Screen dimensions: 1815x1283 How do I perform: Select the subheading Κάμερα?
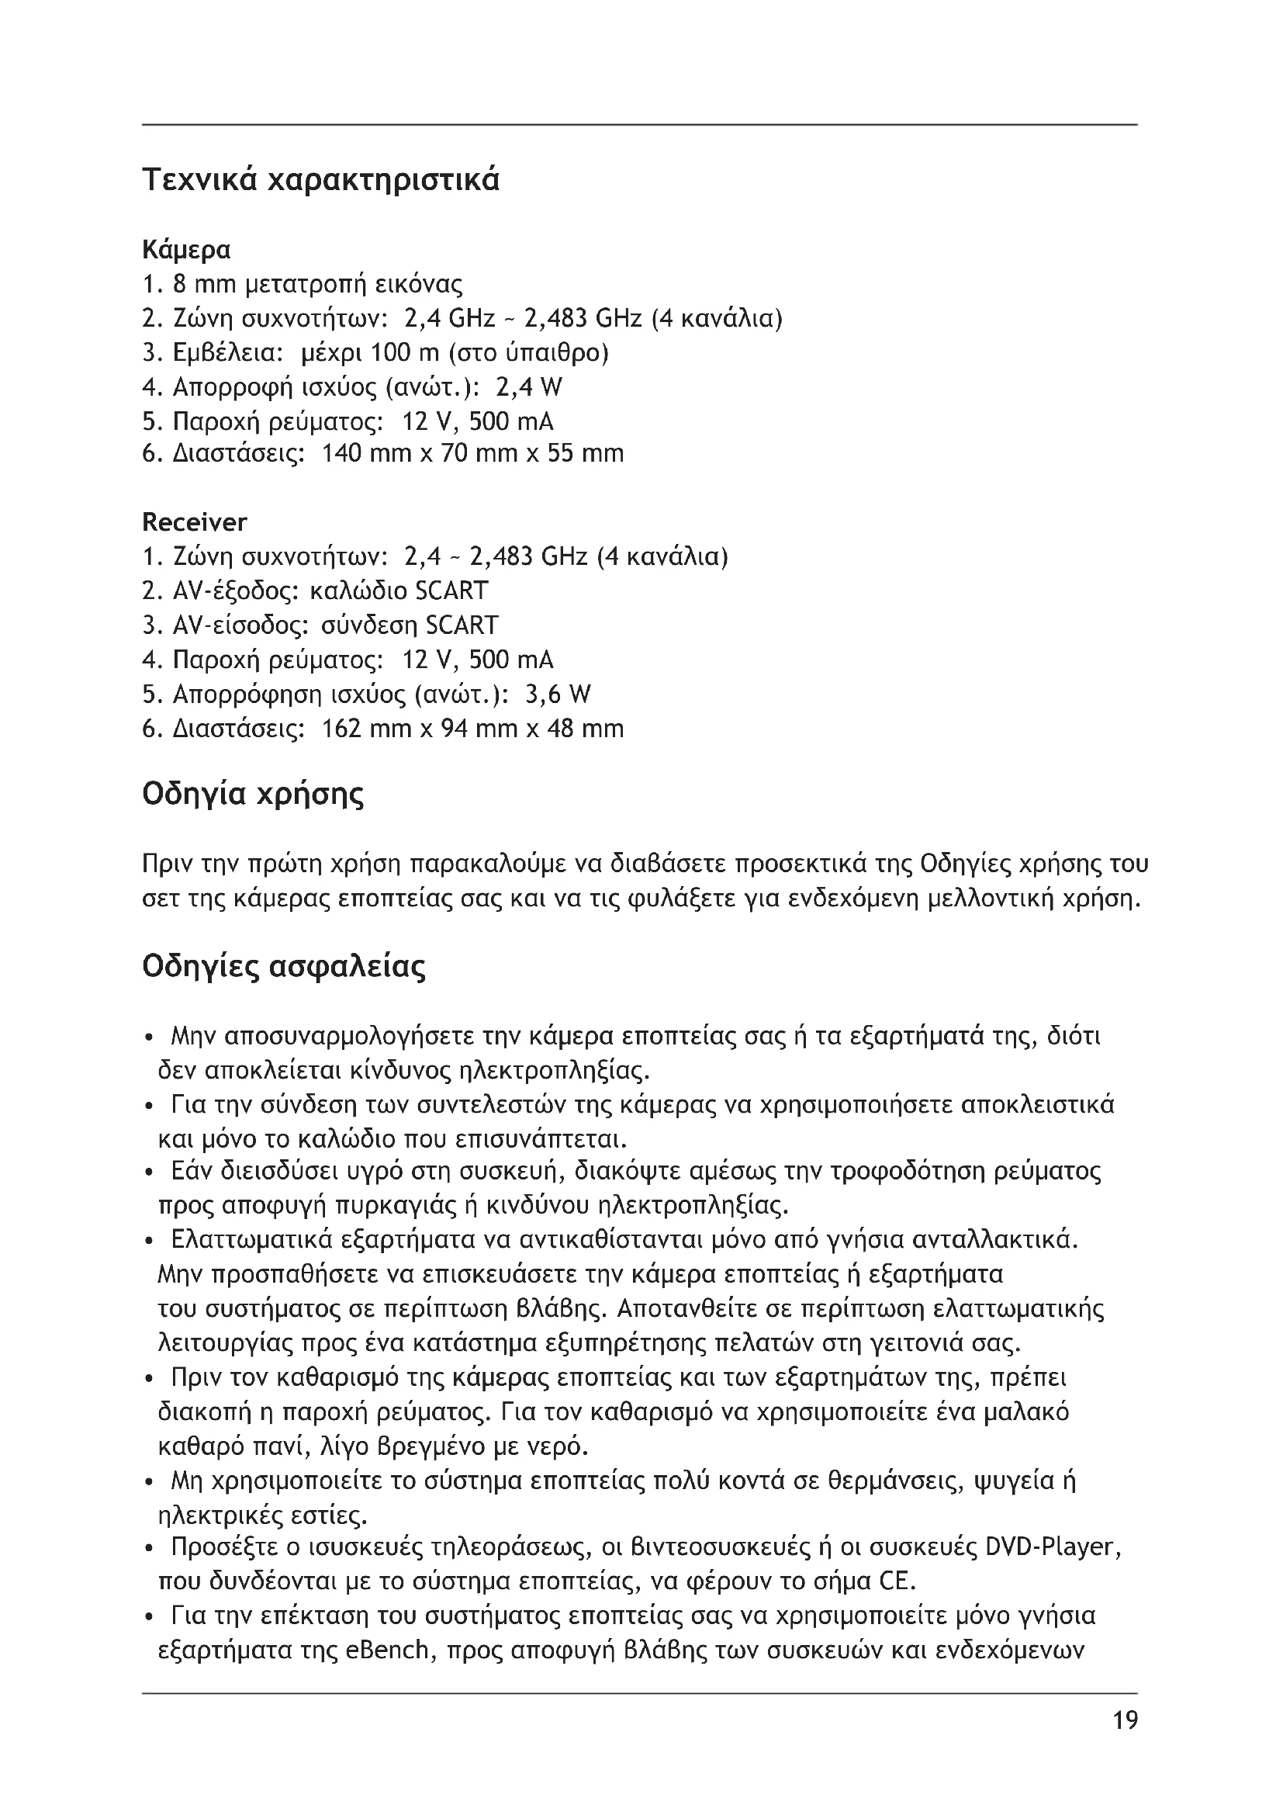pos(186,250)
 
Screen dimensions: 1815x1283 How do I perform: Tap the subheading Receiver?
pos(195,522)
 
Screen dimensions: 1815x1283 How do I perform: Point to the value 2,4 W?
pos(529,387)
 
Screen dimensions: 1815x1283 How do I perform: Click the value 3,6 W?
pos(558,694)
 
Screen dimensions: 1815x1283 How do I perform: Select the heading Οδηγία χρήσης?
pos(254,794)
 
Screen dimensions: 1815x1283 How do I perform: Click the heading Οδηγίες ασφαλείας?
pos(284,967)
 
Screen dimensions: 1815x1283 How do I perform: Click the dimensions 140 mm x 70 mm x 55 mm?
pos(473,454)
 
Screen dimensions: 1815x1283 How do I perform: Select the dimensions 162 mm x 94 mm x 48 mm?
pos(473,728)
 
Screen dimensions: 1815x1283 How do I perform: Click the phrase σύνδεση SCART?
pos(410,625)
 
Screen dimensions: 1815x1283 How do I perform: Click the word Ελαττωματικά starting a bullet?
pos(254,1238)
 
